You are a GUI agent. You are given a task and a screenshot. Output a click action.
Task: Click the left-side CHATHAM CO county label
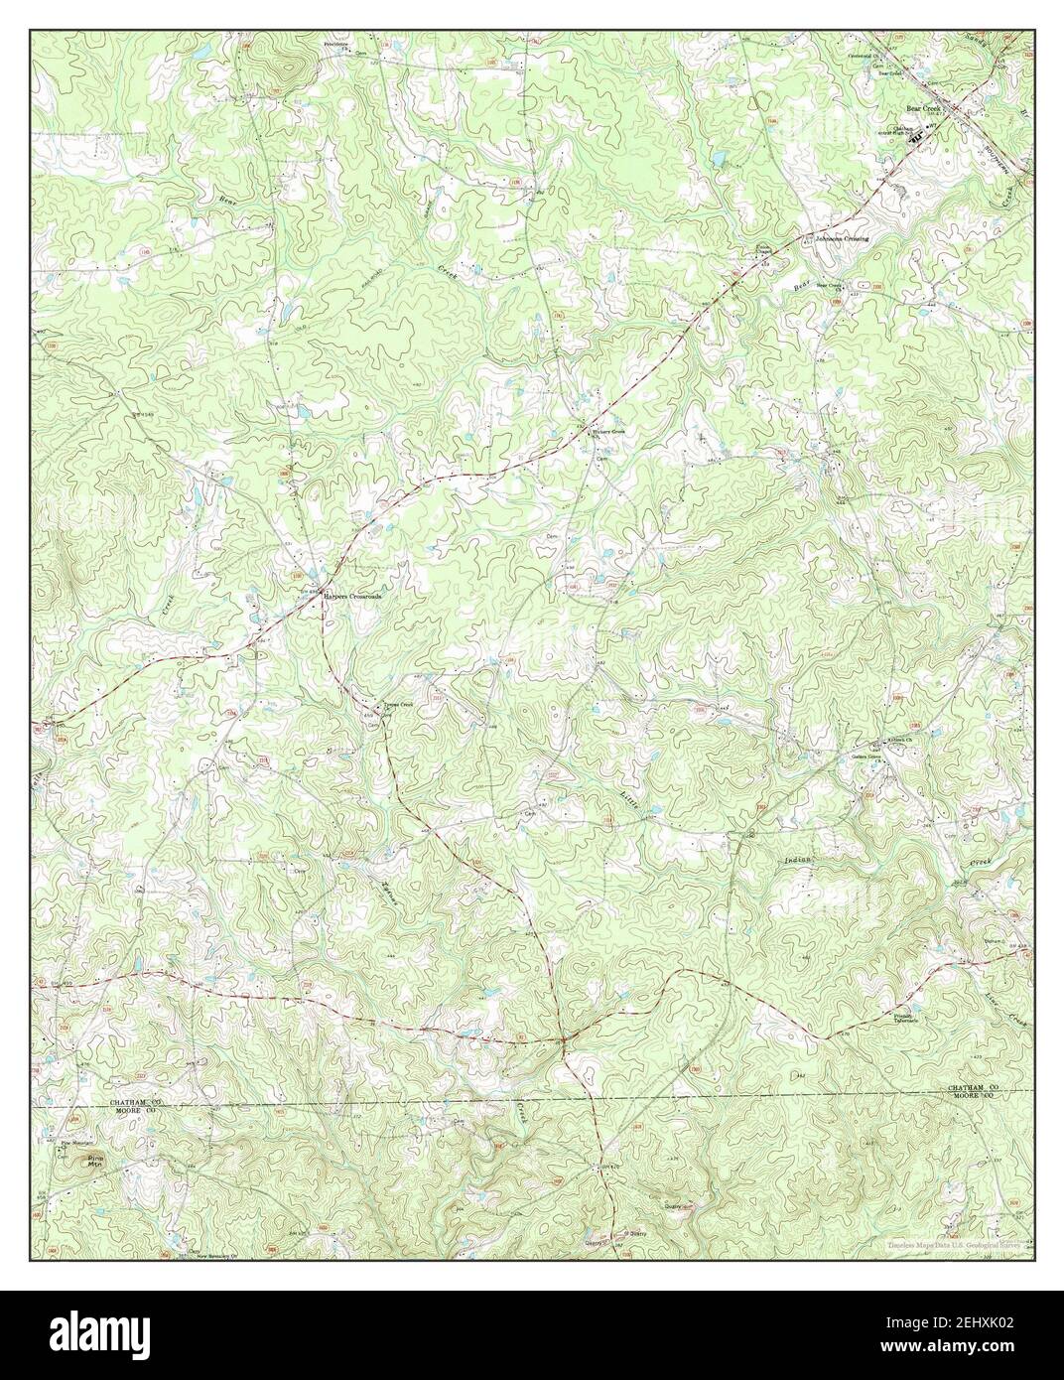point(125,1103)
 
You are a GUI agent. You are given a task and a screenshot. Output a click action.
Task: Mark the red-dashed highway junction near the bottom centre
point(563,1039)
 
